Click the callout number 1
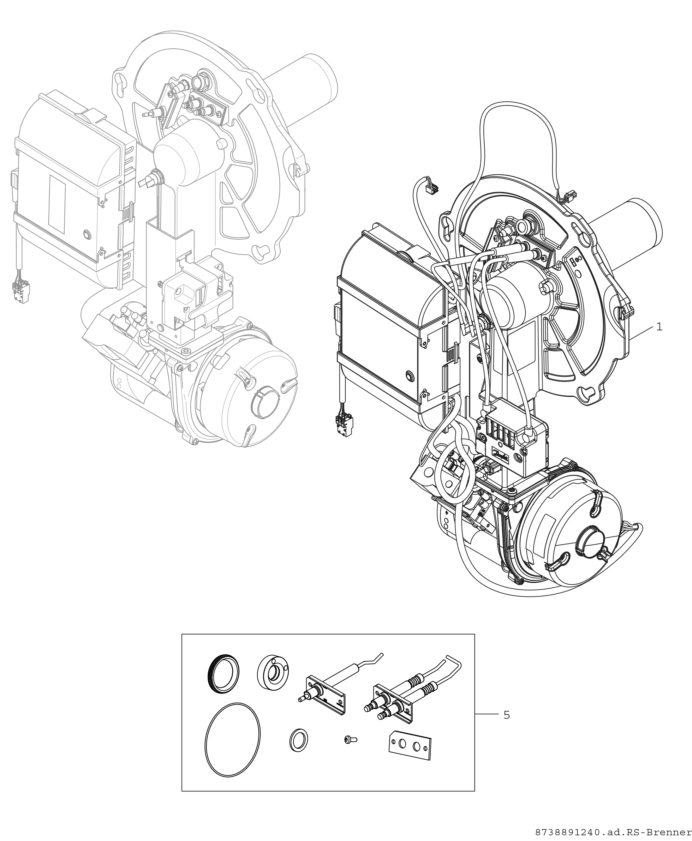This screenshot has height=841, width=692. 659,327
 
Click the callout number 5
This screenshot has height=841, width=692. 507,715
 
